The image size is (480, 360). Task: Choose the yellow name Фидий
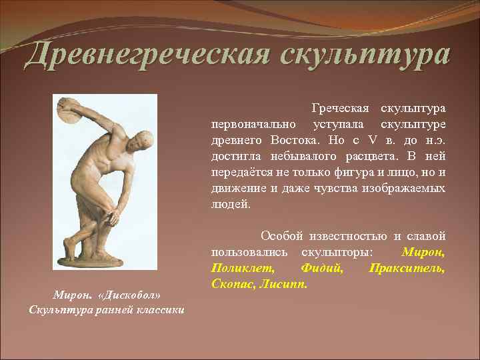(x=322, y=268)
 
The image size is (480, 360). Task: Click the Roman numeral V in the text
(x=373, y=140)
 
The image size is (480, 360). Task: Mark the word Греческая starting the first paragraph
(x=340, y=108)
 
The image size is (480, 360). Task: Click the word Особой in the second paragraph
(x=281, y=236)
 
